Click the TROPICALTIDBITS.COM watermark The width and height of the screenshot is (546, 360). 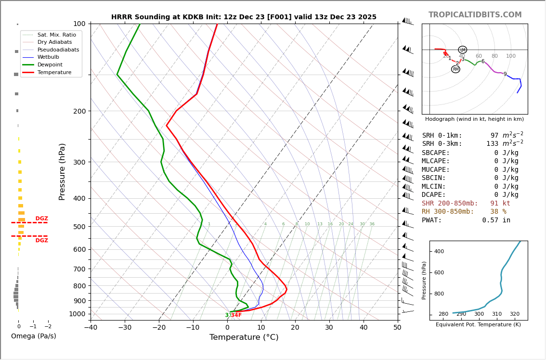(475, 15)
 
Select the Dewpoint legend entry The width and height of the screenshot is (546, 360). (51, 64)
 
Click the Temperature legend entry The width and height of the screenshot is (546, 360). (54, 72)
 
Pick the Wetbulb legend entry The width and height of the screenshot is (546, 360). (49, 57)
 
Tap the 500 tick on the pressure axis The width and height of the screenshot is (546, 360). (79, 227)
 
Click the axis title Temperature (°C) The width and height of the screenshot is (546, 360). (244, 337)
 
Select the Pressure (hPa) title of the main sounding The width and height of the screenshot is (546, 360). (63, 171)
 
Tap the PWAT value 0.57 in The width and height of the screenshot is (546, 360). (496, 220)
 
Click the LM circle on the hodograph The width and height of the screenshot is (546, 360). (462, 50)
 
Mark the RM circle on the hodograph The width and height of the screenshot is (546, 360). (455, 69)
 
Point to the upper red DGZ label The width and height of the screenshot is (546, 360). (41, 219)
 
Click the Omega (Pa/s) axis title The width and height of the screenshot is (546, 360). (33, 336)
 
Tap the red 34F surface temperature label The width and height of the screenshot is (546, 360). (236, 315)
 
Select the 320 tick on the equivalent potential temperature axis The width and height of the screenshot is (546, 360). (514, 314)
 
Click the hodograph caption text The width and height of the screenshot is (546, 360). (474, 119)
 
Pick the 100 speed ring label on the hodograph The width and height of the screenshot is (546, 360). (510, 56)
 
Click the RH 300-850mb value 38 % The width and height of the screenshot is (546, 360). (498, 212)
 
